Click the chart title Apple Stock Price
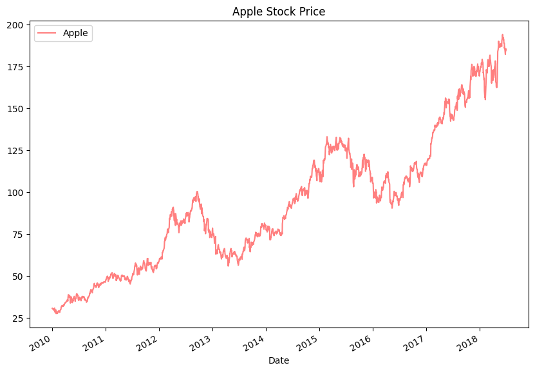(x=279, y=11)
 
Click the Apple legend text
(x=75, y=34)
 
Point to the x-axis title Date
(x=279, y=361)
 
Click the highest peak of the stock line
(x=502, y=35)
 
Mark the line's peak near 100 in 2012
(x=197, y=191)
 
